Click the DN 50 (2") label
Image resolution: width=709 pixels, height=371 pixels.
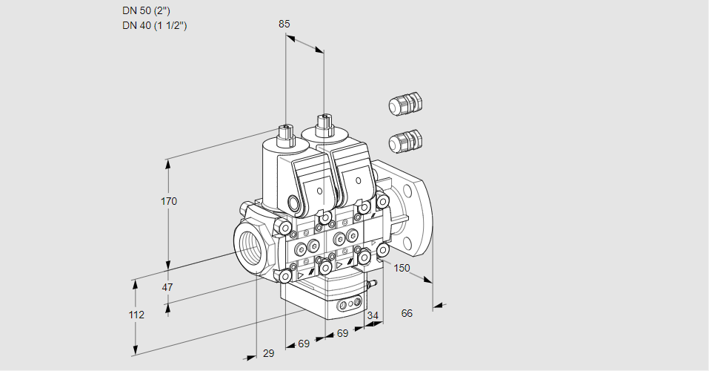pyautogui.click(x=145, y=10)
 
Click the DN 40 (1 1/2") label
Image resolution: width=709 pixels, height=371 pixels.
pyautogui.click(x=154, y=25)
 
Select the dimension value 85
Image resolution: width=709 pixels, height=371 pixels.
pyautogui.click(x=284, y=24)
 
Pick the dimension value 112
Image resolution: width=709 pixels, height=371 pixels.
pyautogui.click(x=136, y=315)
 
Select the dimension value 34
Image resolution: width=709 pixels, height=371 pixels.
pyautogui.click(x=373, y=315)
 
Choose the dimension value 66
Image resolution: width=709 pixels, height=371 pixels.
pyautogui.click(x=407, y=313)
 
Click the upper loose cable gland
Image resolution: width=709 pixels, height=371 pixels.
pyautogui.click(x=405, y=105)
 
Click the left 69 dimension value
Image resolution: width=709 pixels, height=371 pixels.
pyautogui.click(x=304, y=344)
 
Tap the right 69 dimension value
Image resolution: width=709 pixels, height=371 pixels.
pyautogui.click(x=342, y=333)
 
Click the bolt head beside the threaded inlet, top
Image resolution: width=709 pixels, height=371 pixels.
pyautogui.click(x=285, y=226)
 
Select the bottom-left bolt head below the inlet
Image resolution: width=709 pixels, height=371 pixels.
pyautogui.click(x=285, y=276)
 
